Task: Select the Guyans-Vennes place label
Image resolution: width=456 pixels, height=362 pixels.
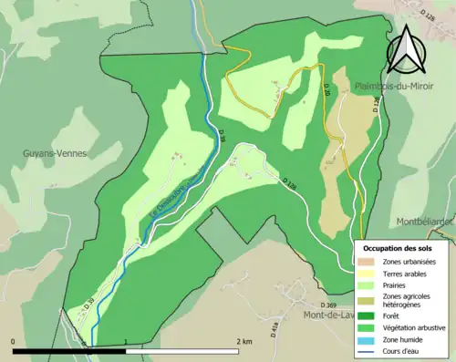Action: (54, 153)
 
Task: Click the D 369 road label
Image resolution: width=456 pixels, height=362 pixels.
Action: (329, 305)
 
